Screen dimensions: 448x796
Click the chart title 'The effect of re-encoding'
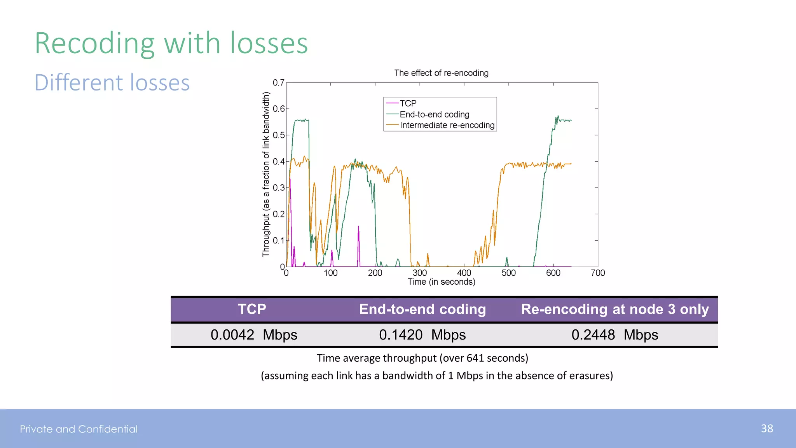pyautogui.click(x=441, y=73)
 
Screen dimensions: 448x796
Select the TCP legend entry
pyautogui.click(x=408, y=103)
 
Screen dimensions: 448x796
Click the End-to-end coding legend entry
pyautogui.click(x=434, y=114)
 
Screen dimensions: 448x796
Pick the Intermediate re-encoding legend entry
pyautogui.click(x=447, y=125)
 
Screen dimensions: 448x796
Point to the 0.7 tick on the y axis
pyautogui.click(x=278, y=83)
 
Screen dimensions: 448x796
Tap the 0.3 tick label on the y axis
pyautogui.click(x=278, y=188)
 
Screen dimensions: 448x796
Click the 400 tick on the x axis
pyautogui.click(x=464, y=273)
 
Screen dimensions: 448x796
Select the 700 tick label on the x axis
pyautogui.click(x=598, y=273)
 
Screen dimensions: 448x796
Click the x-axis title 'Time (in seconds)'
pyautogui.click(x=441, y=282)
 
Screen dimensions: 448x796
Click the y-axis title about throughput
pyautogui.click(x=266, y=174)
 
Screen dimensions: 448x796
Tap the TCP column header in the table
pyautogui.click(x=252, y=309)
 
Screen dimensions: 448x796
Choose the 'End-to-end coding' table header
pyautogui.click(x=422, y=309)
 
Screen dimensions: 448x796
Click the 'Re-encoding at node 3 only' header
pyautogui.click(x=615, y=309)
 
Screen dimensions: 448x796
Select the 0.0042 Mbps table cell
pyautogui.click(x=254, y=335)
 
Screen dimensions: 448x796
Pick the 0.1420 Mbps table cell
pyautogui.click(x=422, y=335)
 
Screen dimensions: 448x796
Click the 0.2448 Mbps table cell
pyautogui.click(x=615, y=335)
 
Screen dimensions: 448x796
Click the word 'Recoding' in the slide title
pyautogui.click(x=95, y=44)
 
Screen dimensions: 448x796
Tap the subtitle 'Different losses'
pyautogui.click(x=112, y=83)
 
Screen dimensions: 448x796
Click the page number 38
pyautogui.click(x=767, y=429)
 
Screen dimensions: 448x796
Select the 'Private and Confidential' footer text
pyautogui.click(x=79, y=429)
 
